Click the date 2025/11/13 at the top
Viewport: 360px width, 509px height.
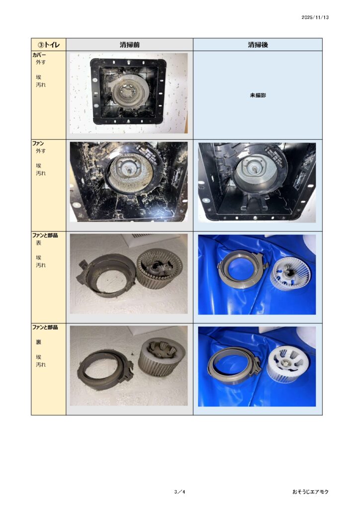tap(315, 17)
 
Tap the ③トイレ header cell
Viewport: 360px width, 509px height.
tap(49, 44)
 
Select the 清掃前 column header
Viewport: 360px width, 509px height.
tap(129, 45)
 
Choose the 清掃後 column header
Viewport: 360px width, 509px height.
tap(258, 45)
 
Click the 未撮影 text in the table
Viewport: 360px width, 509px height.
tap(258, 95)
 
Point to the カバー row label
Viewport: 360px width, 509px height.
tap(39, 55)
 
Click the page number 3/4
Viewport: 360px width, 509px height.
tap(180, 492)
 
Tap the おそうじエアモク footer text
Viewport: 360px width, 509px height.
tap(310, 492)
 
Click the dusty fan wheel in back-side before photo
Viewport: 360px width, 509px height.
tap(162, 358)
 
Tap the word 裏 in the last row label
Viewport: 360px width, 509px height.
tap(39, 342)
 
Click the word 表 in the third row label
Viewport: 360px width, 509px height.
tap(39, 243)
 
